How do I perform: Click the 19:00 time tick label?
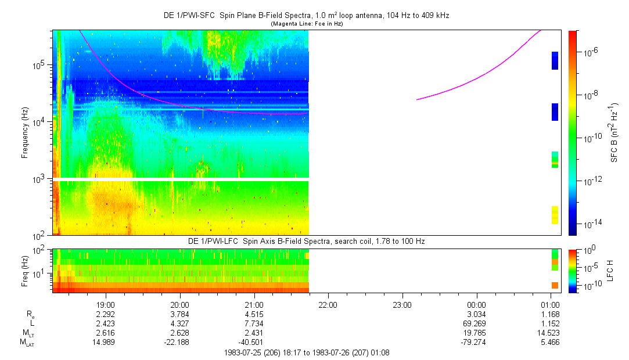click(x=106, y=304)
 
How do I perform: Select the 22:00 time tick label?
click(x=328, y=304)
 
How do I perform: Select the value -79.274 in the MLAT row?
click(x=476, y=343)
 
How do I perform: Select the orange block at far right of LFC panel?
click(x=555, y=285)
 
